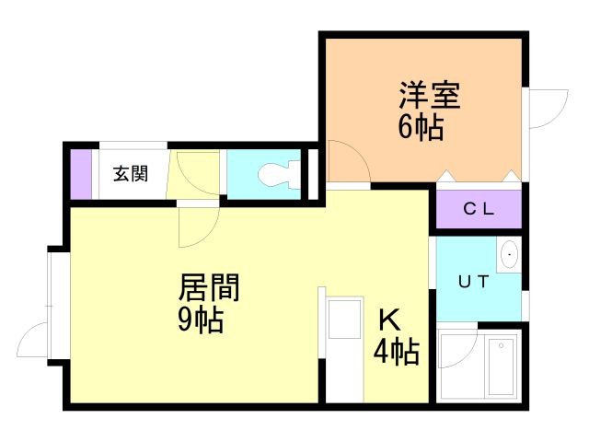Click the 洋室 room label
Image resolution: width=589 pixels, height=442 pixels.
coord(430,96)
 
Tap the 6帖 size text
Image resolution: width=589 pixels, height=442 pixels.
coord(421,127)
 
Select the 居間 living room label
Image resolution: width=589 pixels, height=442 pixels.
coord(209,287)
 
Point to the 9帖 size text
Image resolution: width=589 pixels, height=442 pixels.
coord(201,320)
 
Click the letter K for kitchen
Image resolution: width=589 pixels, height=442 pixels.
coord(390,320)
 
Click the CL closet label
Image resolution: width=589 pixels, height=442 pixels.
coord(479,209)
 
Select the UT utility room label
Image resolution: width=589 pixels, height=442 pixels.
coord(474,281)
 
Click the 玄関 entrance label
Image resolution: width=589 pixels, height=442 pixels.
coord(131,174)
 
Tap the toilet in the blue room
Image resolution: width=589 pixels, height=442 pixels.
coord(280,174)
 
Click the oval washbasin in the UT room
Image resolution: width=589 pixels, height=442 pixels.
coord(509,254)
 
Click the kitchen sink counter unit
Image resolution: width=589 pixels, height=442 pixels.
coord(344,350)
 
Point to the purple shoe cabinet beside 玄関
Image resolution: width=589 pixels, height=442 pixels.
coord(82,174)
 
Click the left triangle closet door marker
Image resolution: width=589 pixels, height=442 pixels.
coord(445,176)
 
